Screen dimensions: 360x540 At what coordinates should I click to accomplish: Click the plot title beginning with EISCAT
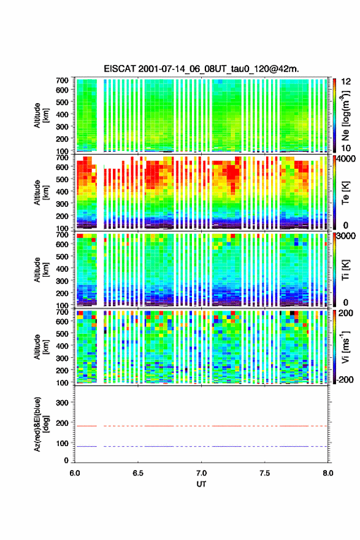click(201, 69)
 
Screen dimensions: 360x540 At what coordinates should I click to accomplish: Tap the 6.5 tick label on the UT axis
click(138, 473)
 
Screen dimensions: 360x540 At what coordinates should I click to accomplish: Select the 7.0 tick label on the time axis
click(201, 473)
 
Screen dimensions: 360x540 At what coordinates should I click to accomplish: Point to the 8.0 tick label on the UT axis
click(328, 473)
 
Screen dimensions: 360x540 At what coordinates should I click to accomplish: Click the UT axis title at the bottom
click(201, 484)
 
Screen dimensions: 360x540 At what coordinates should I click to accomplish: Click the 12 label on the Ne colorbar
click(346, 82)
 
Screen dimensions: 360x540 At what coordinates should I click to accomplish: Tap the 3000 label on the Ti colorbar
click(346, 236)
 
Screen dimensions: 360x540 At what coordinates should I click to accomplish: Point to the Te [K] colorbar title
click(345, 193)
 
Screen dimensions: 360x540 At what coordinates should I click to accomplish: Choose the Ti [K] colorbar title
click(345, 269)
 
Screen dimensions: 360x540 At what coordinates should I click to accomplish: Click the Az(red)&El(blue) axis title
click(40, 424)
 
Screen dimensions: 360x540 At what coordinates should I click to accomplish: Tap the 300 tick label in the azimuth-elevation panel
click(62, 403)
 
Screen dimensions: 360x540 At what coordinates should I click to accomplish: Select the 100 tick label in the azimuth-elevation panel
click(62, 443)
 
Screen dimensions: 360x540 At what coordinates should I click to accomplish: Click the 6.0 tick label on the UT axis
click(75, 473)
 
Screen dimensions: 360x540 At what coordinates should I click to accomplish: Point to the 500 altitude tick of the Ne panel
click(62, 102)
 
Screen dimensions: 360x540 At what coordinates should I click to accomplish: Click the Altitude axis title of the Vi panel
click(40, 347)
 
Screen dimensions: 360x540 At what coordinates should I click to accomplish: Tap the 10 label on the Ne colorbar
click(346, 148)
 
